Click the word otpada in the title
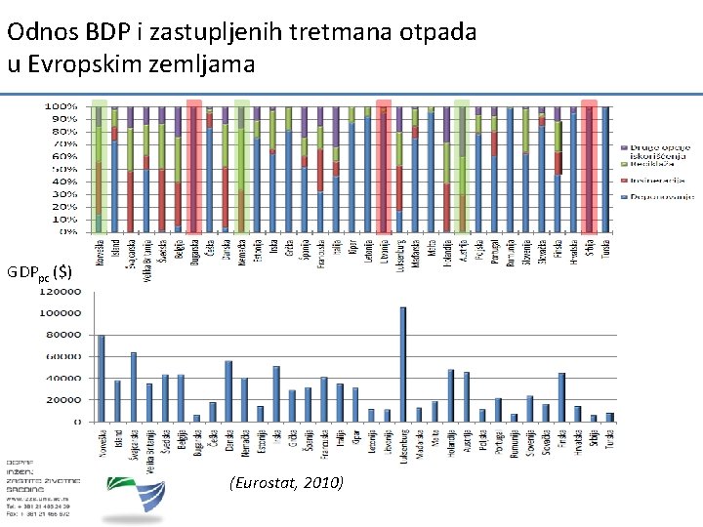tap(439, 32)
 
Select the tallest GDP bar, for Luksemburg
tap(402, 364)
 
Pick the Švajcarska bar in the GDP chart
tap(133, 386)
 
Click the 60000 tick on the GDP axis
tap(64, 357)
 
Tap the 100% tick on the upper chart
tap(63, 105)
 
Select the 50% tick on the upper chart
tap(65, 169)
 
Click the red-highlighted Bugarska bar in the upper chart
tap(193, 166)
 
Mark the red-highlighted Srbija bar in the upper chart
tap(589, 166)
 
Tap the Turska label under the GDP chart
tap(609, 439)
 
